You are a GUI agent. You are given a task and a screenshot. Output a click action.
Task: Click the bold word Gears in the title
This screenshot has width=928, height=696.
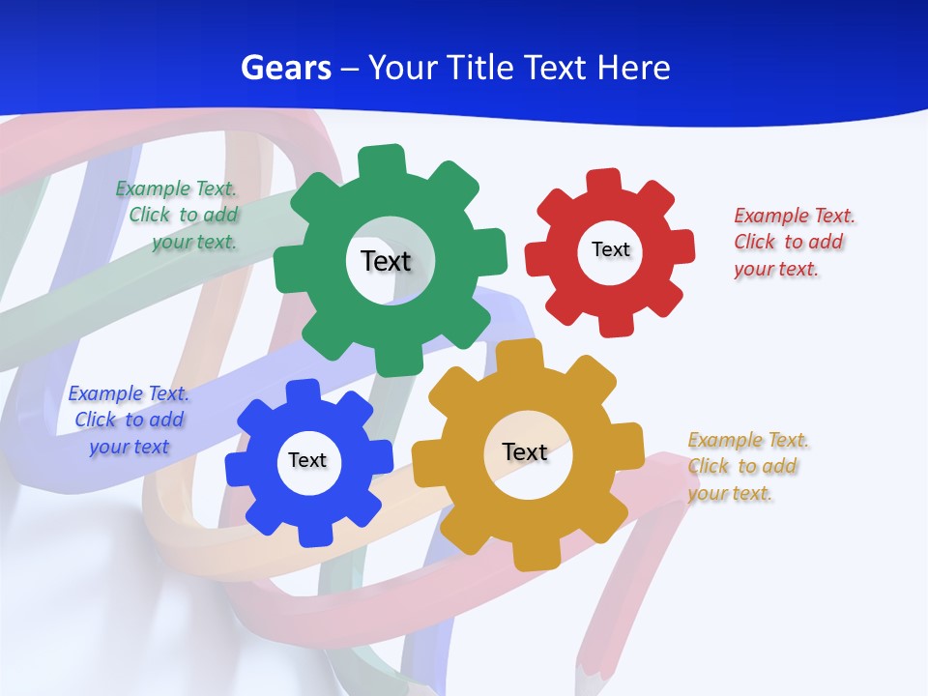pyautogui.click(x=286, y=68)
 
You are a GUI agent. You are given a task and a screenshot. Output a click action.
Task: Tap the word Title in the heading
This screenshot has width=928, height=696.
pyautogui.click(x=478, y=68)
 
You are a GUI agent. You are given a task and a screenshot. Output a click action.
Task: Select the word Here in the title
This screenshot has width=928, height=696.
pyautogui.click(x=633, y=68)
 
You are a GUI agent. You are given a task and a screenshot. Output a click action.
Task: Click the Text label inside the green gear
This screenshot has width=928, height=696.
pyautogui.click(x=386, y=261)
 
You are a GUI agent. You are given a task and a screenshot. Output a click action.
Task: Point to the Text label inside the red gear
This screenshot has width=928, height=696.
pyautogui.click(x=610, y=249)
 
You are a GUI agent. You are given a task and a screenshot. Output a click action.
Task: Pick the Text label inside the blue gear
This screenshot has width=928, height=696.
pyautogui.click(x=307, y=460)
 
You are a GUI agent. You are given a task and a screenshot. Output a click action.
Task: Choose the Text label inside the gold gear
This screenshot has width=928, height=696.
pyautogui.click(x=525, y=451)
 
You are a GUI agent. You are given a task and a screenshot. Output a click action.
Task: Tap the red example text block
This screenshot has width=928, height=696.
pyautogui.click(x=794, y=243)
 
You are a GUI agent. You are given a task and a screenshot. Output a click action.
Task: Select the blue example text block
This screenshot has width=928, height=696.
pyautogui.click(x=128, y=420)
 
